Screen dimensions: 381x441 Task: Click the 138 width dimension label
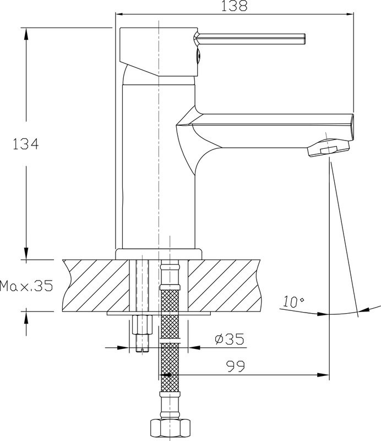(x=234, y=6)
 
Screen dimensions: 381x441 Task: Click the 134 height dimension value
(x=25, y=144)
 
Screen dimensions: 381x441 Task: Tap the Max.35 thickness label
(x=26, y=286)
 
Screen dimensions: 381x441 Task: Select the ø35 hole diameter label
(x=229, y=339)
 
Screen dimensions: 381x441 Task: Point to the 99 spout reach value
(x=236, y=366)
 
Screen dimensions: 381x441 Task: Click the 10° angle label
(x=293, y=302)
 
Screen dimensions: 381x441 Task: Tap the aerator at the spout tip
(x=329, y=148)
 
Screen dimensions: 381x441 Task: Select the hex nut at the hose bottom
(x=170, y=430)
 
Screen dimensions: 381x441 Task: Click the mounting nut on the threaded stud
(x=142, y=325)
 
